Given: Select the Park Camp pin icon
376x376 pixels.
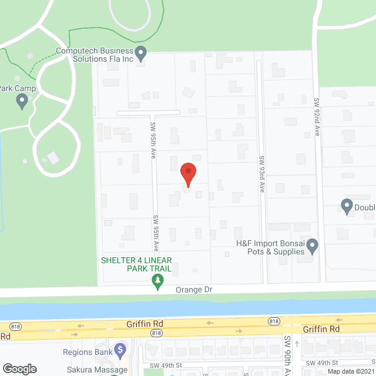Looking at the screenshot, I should click(x=22, y=102).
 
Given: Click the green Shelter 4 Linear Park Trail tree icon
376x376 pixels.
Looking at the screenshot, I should click(x=157, y=283).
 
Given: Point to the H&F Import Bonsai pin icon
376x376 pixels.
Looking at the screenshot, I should click(x=313, y=245).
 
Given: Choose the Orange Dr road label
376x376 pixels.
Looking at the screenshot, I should click(x=193, y=290).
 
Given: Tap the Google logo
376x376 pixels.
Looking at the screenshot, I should click(x=19, y=369).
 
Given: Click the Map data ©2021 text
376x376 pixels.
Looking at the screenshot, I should click(x=350, y=371).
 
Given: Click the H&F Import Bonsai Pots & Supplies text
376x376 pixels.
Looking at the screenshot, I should click(x=270, y=247).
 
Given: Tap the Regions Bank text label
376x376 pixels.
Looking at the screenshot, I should click(x=87, y=352).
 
